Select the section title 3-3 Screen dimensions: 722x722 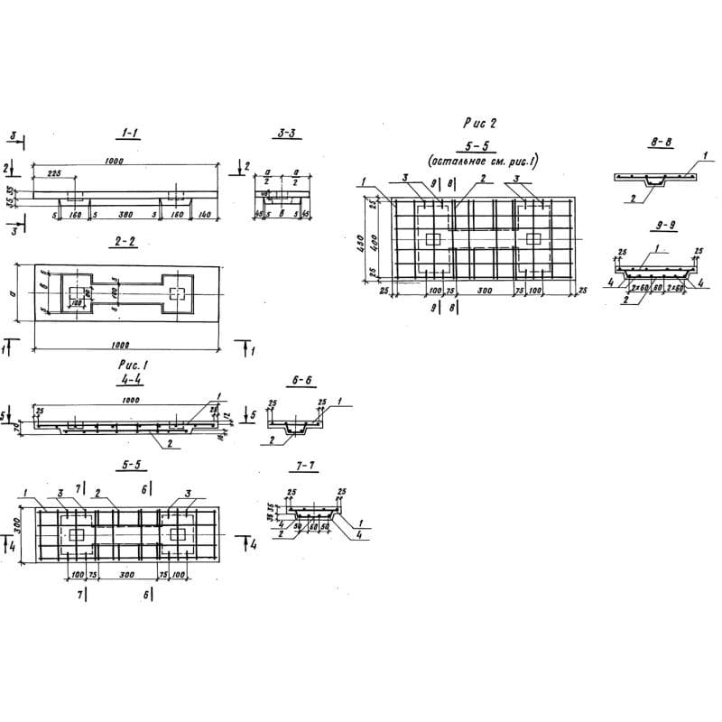point(287,134)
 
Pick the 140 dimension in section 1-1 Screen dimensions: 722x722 point(206,217)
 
